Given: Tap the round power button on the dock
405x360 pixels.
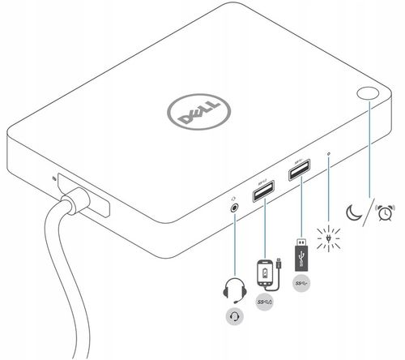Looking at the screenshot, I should pos(369,94).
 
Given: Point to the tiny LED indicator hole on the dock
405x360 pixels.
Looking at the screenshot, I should pos(327,152).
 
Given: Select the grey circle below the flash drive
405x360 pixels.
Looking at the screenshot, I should pos(301,283).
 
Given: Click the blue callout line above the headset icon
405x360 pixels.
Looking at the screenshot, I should pos(236,243).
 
